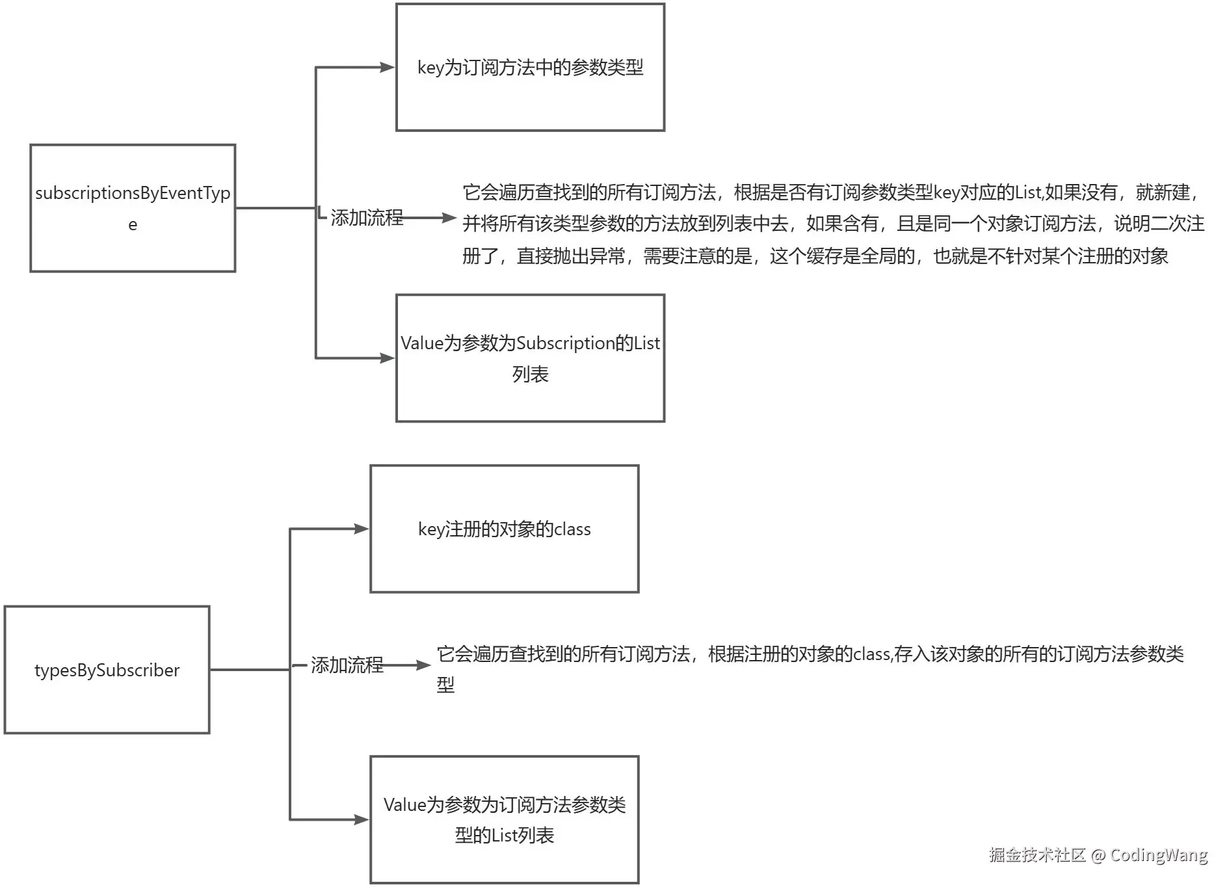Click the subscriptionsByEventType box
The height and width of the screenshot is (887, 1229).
133,208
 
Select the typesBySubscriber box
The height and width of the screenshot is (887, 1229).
107,670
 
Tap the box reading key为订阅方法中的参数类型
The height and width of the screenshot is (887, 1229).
530,68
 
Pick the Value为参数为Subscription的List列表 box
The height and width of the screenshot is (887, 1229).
530,358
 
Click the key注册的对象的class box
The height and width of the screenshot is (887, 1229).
504,529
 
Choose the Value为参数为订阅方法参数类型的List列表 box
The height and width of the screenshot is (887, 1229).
504,819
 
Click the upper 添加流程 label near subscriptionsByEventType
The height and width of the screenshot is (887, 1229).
367,218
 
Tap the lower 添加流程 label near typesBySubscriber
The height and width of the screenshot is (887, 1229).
347,665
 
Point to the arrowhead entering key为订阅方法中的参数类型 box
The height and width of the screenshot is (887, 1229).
388,67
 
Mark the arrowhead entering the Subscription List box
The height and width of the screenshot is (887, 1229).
388,358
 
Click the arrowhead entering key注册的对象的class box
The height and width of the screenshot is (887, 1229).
362,529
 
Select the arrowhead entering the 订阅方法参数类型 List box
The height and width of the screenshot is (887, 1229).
362,819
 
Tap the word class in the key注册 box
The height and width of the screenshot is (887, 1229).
572,529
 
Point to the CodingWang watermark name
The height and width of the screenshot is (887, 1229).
1158,854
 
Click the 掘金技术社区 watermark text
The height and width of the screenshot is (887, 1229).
1037,854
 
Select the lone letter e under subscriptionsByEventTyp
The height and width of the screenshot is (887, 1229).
133,225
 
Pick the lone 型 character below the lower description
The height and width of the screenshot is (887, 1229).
445,685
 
